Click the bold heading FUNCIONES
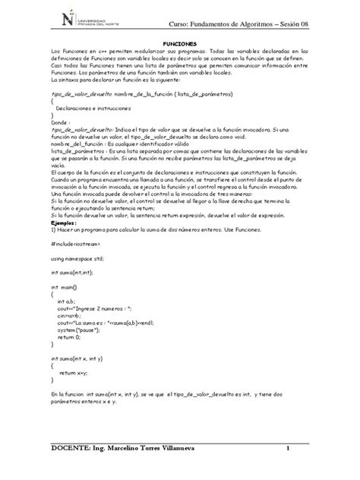(x=181, y=43)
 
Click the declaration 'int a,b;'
(x=68, y=302)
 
